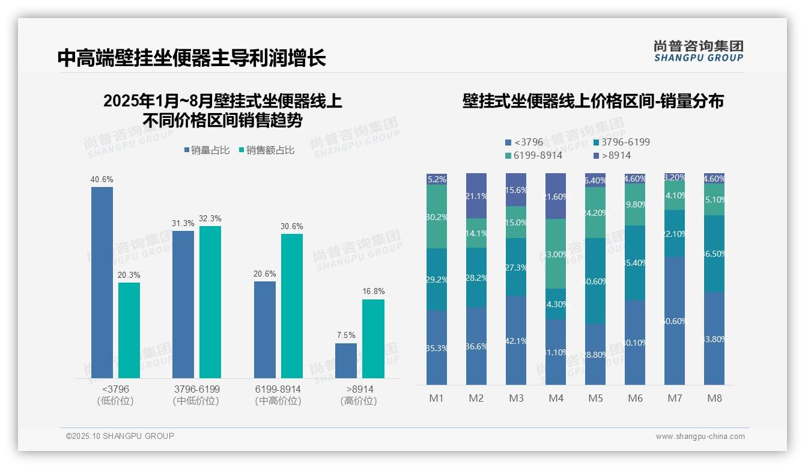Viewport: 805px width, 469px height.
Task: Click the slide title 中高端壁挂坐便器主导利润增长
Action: pos(192,58)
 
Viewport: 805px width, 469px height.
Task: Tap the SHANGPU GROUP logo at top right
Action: pos(698,51)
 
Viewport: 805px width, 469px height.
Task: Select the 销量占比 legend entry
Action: pos(207,150)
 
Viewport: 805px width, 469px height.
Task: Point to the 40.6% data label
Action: pos(102,179)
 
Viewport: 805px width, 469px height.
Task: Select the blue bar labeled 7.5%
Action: pos(346,361)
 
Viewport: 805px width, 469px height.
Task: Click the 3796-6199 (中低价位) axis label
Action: pos(196,395)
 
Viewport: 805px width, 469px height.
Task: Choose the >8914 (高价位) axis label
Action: pos(359,395)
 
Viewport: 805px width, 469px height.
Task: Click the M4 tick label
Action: pos(556,398)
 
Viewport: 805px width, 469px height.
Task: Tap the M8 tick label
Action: pos(714,398)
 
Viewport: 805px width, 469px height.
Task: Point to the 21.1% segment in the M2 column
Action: pos(476,195)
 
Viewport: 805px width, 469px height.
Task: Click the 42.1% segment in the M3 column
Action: pos(515,340)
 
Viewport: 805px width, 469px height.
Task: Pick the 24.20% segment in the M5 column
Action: pos(595,212)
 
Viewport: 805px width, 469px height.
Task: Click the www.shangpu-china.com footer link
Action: pos(700,437)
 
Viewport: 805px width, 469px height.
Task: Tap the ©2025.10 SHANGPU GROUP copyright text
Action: pos(120,436)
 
